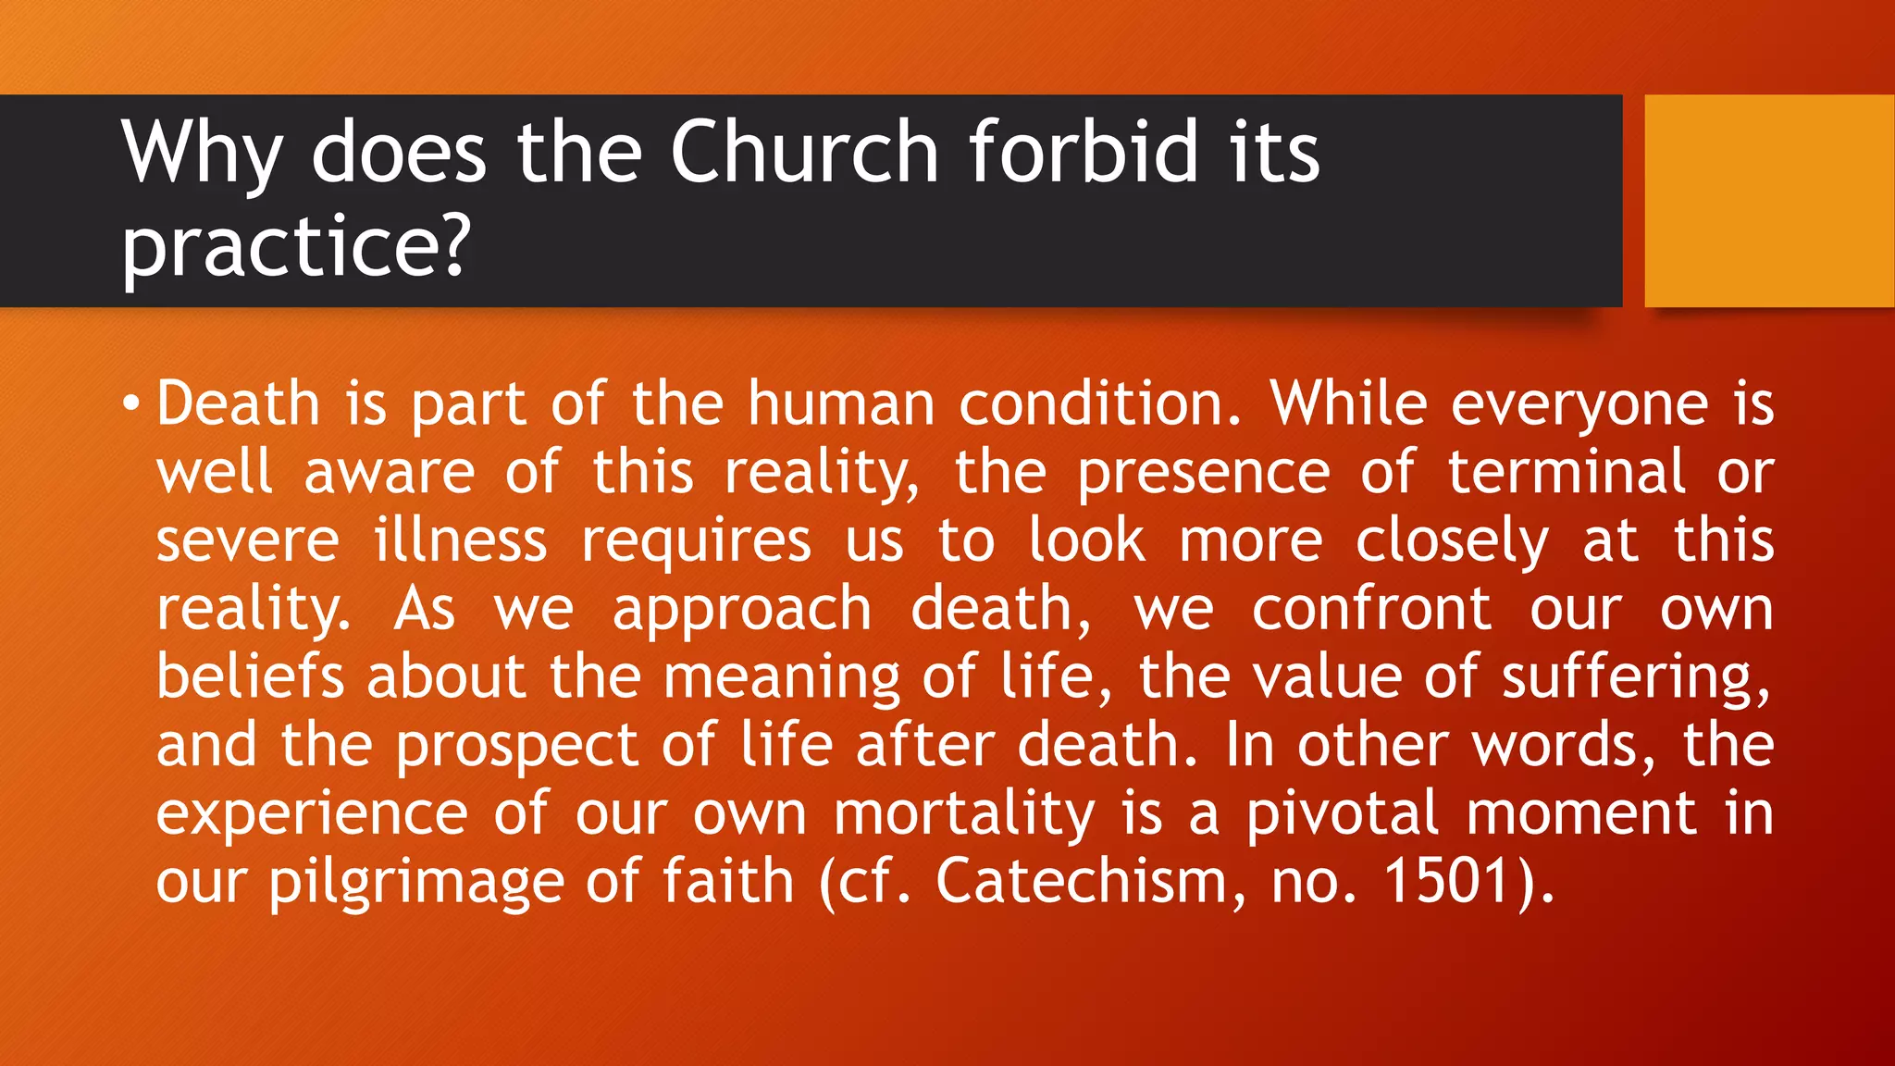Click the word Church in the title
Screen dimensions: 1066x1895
(803, 152)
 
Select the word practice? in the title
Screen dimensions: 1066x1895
(296, 245)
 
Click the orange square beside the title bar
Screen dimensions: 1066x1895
(1768, 201)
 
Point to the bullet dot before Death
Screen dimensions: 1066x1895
(131, 404)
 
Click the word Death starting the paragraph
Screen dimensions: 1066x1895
(238, 404)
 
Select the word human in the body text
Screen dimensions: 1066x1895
(841, 404)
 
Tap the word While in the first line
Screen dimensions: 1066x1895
(1348, 404)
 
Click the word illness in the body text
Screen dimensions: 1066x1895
(461, 540)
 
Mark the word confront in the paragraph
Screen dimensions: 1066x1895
(1371, 609)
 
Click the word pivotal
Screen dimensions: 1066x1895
(1342, 814)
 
